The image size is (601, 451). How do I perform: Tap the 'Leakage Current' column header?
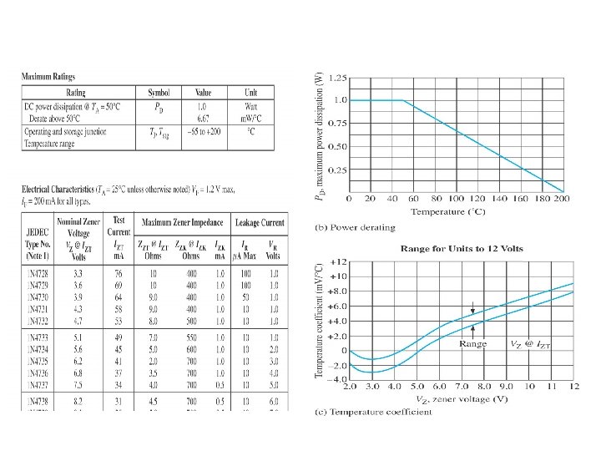pos(259,222)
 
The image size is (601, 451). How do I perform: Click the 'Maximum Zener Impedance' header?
pos(183,222)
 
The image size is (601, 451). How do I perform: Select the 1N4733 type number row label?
pos(38,335)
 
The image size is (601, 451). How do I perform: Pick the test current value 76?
pos(119,273)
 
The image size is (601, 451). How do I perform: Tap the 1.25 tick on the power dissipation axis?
pos(338,78)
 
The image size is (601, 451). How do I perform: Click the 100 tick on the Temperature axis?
pos(457,200)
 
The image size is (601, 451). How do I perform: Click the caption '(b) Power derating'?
pos(356,226)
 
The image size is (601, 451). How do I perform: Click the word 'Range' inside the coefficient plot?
pos(473,343)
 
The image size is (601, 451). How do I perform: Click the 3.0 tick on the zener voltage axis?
pos(373,388)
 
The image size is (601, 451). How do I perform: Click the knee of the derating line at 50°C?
pos(403,100)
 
